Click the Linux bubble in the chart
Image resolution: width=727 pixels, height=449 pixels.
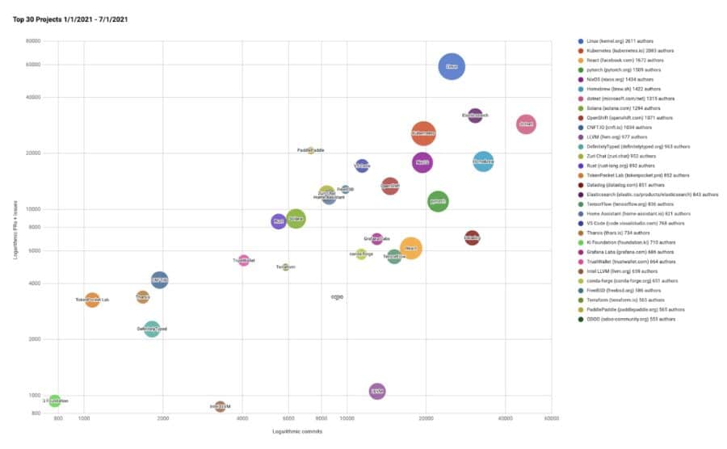tap(452, 67)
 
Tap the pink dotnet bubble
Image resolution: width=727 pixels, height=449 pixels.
tap(526, 124)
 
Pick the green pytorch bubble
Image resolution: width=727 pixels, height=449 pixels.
tap(437, 201)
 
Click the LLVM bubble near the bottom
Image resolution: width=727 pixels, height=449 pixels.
tap(376, 392)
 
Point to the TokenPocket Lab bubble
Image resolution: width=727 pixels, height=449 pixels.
tap(92, 300)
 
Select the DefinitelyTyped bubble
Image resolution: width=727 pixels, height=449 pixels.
tap(151, 329)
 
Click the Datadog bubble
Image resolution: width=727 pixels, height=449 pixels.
tap(473, 237)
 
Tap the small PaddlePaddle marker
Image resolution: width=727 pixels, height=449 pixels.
tap(310, 150)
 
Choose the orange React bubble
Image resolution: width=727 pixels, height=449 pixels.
tap(410, 248)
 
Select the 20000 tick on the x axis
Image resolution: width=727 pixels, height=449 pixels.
tap(427, 419)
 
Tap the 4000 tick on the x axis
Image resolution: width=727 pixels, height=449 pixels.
tap(242, 419)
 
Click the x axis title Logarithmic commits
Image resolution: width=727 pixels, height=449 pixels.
tap(297, 433)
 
